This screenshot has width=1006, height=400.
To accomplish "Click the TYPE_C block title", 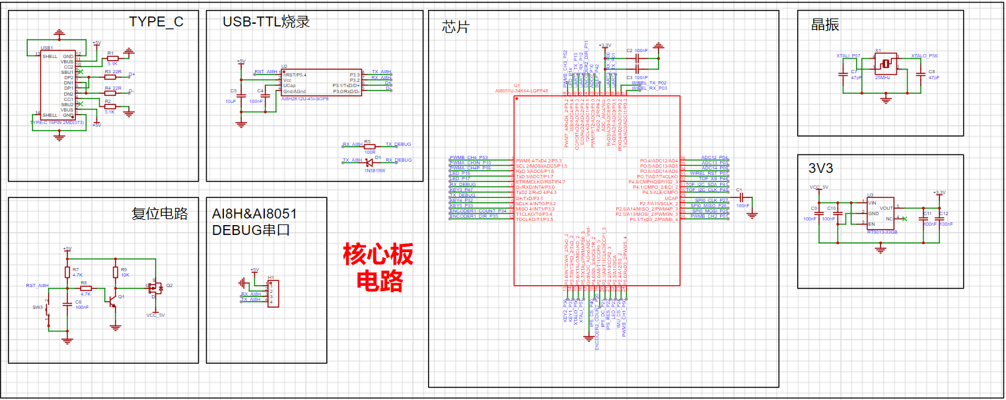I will (156, 22).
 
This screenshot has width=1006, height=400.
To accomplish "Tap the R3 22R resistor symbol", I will (110, 77).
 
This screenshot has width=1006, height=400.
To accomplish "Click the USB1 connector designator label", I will (47, 48).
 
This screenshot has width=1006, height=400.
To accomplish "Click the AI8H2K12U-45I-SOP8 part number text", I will (305, 98).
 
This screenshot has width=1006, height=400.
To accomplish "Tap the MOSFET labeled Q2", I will (155, 288).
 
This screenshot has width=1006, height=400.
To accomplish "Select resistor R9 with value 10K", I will (116, 272).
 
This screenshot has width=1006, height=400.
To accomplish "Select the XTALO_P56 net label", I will (924, 57).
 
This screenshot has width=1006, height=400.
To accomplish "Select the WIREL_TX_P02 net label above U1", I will (649, 83).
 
